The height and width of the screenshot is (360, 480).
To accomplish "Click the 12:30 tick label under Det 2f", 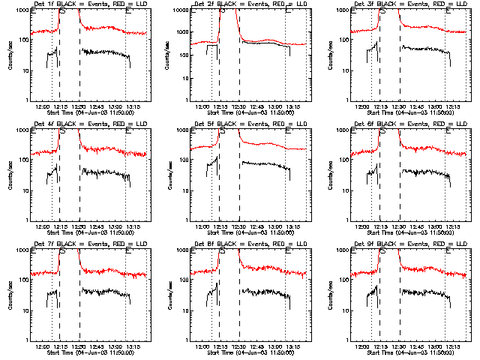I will pos(238,106).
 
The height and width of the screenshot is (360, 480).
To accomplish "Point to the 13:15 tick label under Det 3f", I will pos(454,106).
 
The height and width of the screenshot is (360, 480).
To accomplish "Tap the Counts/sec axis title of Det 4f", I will pos(10,174).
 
